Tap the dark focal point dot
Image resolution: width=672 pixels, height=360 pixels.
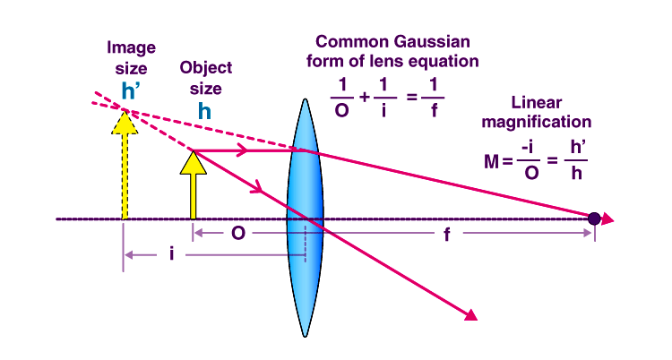point(593,218)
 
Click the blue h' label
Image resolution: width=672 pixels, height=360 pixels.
point(133,90)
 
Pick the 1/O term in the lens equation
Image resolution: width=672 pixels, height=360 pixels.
point(340,93)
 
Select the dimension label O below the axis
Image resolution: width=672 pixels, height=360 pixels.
point(238,234)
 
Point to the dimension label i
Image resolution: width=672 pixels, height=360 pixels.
point(170,255)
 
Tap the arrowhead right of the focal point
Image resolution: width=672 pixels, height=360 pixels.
point(608,219)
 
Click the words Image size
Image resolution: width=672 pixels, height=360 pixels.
point(132,56)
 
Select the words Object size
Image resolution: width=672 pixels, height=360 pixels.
point(206,76)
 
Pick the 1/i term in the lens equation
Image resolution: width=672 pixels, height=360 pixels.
point(385,93)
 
